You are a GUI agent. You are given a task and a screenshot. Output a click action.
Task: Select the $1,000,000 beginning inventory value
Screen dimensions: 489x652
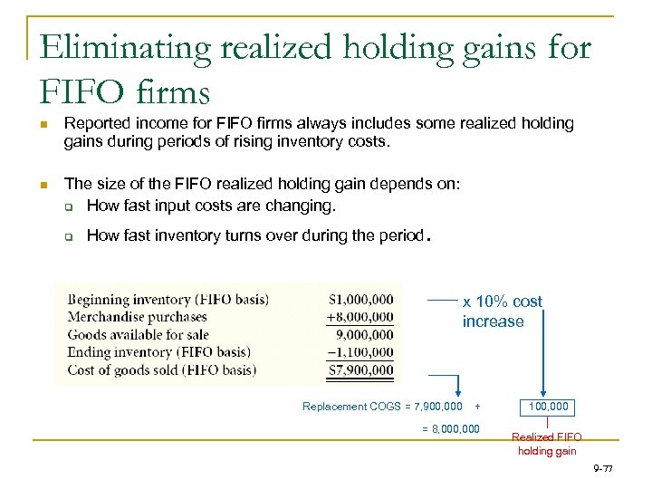361,299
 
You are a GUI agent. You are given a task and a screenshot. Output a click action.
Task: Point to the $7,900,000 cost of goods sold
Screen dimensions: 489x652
361,369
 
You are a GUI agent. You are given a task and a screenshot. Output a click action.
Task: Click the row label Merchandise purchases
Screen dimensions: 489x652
138,317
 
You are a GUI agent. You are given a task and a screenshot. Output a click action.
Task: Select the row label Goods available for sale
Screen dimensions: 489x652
139,334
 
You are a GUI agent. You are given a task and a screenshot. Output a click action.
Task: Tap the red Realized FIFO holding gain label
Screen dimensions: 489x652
546,444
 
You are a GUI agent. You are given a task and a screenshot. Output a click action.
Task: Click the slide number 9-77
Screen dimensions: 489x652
602,468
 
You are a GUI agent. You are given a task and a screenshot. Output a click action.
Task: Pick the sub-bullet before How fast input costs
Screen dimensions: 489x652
68,206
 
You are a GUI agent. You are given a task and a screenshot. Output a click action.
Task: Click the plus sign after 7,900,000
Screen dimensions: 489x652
477,407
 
